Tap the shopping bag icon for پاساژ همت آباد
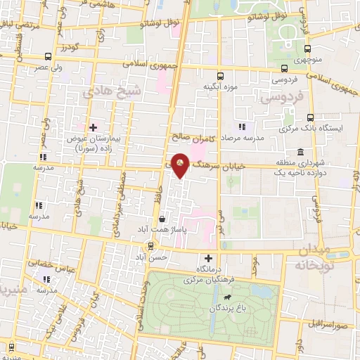pyautogui.click(x=162, y=219)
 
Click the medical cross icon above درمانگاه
pyautogui.click(x=208, y=257)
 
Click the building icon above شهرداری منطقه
pyautogui.click(x=300, y=153)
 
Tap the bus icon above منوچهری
pyautogui.click(x=309, y=49)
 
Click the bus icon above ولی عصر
pyautogui.click(x=47, y=56)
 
